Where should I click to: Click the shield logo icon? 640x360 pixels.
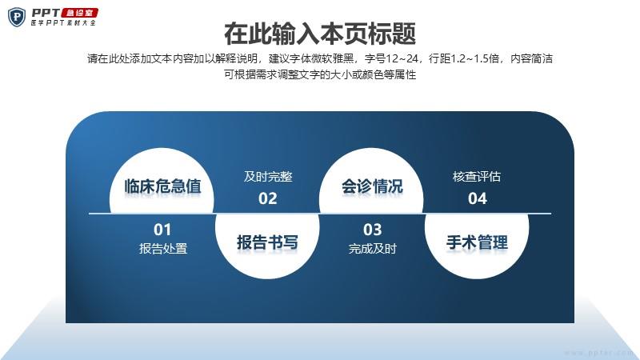point(17,17)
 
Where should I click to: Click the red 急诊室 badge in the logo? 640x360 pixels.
point(79,13)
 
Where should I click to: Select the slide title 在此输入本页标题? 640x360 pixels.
point(320,34)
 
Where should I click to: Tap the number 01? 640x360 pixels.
point(162,230)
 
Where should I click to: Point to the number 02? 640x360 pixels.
point(268,198)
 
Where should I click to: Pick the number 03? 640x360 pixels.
point(372,230)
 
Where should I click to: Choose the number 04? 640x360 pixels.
point(477,198)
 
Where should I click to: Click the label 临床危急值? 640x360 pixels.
point(162,186)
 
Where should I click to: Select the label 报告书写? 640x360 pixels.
point(267,242)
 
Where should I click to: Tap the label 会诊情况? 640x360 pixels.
point(372,186)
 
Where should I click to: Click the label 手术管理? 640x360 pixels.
point(477,242)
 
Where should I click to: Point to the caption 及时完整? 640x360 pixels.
point(268,176)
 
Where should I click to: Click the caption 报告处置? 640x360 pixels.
point(163,248)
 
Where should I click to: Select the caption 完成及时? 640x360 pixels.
point(372,248)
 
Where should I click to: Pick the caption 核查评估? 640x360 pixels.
point(477,176)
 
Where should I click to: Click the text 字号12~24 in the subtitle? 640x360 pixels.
point(391,58)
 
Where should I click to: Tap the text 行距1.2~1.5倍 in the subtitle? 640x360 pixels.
point(464,58)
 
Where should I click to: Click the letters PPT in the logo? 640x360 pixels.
point(46,13)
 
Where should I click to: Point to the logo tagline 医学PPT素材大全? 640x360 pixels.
point(63,23)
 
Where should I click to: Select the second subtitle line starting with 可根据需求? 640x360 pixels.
point(320,74)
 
